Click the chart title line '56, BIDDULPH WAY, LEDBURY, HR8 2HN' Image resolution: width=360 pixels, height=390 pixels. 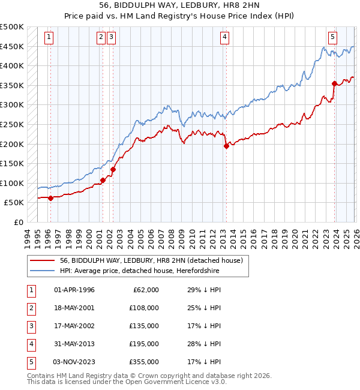click(x=180, y=6)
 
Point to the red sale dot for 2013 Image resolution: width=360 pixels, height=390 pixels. click(x=226, y=146)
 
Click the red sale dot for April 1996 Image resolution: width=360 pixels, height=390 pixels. click(x=50, y=198)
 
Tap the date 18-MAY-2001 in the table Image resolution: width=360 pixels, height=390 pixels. click(x=74, y=308)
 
